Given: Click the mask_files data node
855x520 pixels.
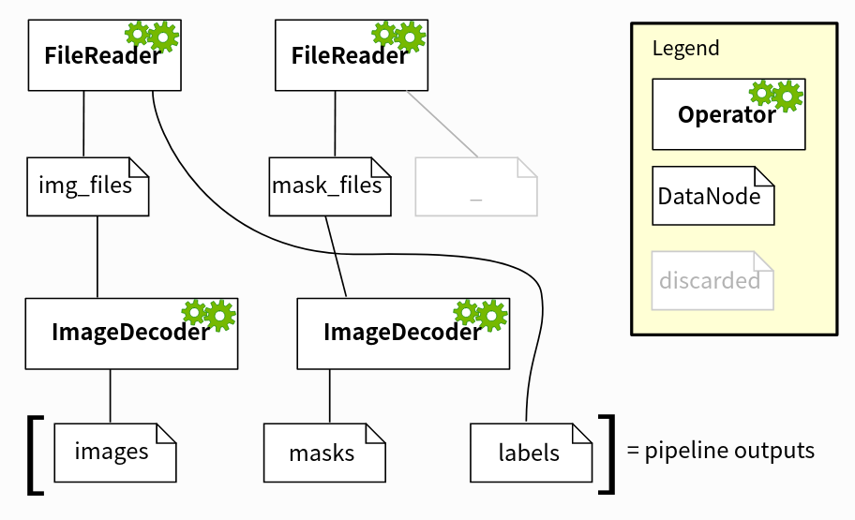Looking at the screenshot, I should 328,186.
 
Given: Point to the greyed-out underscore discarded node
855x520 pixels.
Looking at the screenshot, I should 476,186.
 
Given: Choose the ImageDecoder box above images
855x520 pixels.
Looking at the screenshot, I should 130,334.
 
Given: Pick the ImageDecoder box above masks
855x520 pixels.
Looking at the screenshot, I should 403,334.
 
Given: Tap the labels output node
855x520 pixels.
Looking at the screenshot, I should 531,453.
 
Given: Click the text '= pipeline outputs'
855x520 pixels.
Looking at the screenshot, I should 720,451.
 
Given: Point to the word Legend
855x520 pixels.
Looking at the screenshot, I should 685,49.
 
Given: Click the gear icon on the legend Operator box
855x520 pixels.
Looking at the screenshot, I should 776,94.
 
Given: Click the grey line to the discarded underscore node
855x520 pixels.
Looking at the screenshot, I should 442,124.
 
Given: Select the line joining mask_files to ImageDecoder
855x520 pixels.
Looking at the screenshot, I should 336,256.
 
